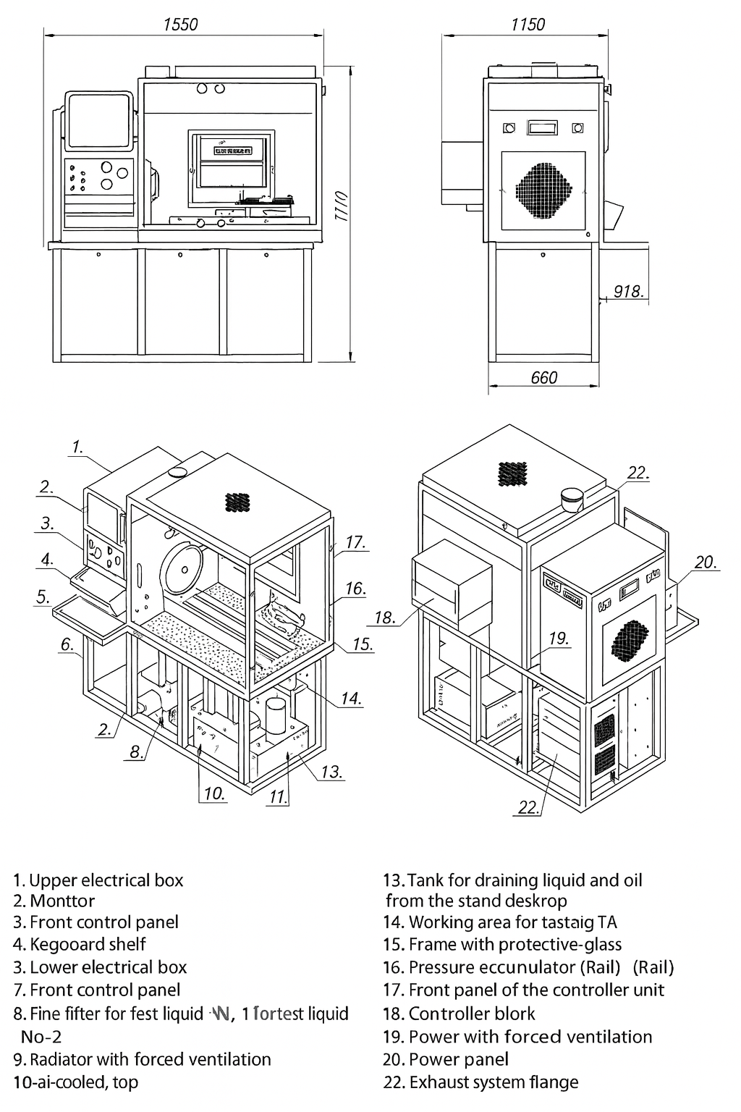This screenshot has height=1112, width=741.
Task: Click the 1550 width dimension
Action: pyautogui.click(x=180, y=24)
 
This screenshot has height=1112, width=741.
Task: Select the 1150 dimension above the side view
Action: pyautogui.click(x=528, y=25)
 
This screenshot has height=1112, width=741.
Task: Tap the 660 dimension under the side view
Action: pyautogui.click(x=544, y=377)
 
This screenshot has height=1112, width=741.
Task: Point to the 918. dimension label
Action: pyautogui.click(x=628, y=291)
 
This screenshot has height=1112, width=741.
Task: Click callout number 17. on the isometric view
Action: pyautogui.click(x=355, y=542)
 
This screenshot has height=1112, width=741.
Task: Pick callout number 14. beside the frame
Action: pyautogui.click(x=351, y=699)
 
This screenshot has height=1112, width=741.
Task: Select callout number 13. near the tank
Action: pyautogui.click(x=331, y=772)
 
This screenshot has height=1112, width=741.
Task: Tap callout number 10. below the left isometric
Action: pyautogui.click(x=214, y=793)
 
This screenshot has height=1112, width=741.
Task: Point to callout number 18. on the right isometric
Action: pyautogui.click(x=385, y=618)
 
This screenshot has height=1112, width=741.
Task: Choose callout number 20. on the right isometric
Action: pyautogui.click(x=706, y=562)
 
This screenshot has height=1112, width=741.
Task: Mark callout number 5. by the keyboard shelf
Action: pyautogui.click(x=43, y=597)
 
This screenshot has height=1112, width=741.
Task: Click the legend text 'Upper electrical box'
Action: pyautogui.click(x=106, y=880)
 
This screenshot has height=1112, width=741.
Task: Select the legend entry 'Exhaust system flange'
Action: pyautogui.click(x=494, y=1082)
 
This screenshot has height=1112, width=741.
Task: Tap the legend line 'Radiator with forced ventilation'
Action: pyautogui.click(x=151, y=1059)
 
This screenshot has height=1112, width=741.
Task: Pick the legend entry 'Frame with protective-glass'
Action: pyautogui.click(x=515, y=944)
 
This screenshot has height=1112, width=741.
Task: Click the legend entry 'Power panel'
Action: pyautogui.click(x=458, y=1059)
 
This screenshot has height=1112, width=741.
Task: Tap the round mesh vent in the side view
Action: pyautogui.click(x=543, y=190)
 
